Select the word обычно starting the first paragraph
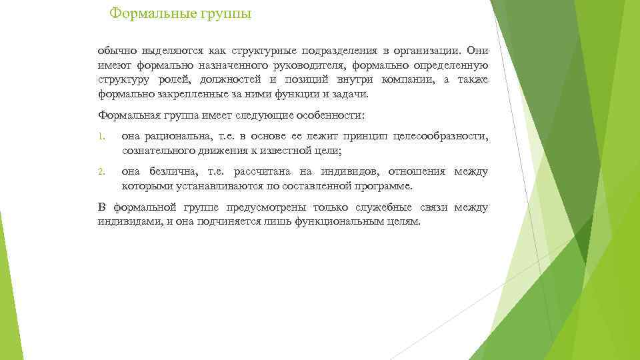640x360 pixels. pos(115,51)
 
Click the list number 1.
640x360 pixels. pos(100,137)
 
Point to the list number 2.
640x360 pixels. pos(100,172)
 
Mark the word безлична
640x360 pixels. pos(179,171)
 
